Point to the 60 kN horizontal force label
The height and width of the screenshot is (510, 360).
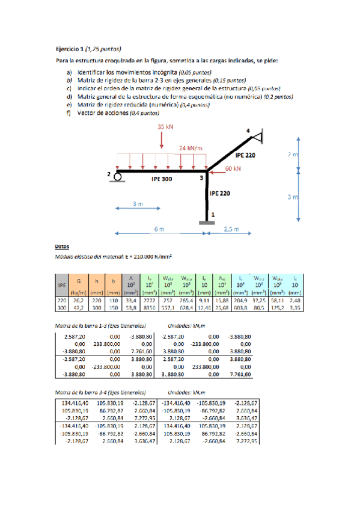(233, 170)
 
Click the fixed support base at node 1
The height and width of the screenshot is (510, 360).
(208, 223)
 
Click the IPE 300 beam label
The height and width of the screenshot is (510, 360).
(162, 179)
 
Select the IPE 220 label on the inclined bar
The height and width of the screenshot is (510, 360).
(245, 155)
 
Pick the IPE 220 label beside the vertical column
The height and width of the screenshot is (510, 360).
(220, 194)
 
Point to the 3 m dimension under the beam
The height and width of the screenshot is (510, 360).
(138, 204)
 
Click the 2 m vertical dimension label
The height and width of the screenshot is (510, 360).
(293, 155)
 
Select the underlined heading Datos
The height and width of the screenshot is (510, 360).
(62, 247)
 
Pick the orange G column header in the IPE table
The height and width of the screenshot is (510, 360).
(78, 281)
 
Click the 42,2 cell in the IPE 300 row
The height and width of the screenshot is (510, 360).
(78, 307)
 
